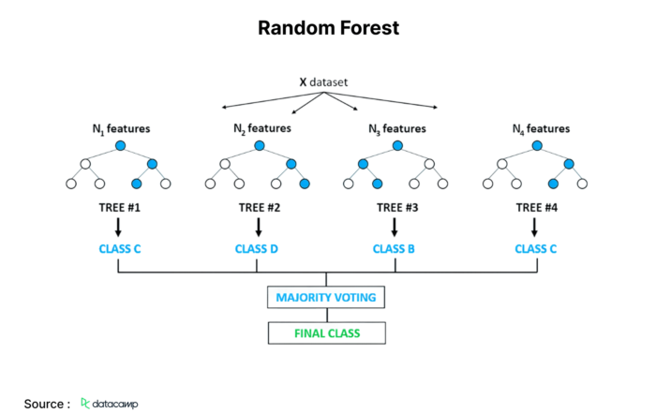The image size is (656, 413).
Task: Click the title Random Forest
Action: [328, 28]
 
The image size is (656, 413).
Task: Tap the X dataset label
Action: [323, 81]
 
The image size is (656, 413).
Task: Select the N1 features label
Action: [121, 128]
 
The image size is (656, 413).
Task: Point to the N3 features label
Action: [397, 128]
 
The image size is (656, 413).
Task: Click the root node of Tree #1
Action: [121, 145]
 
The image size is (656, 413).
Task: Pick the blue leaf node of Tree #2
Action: [305, 184]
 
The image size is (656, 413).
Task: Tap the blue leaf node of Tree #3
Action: [377, 184]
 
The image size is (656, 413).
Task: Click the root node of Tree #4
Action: [537, 145]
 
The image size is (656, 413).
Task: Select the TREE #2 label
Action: [260, 208]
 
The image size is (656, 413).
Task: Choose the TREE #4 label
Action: [537, 208]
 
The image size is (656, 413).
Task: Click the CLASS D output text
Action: [257, 249]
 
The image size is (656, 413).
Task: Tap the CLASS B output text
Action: [394, 249]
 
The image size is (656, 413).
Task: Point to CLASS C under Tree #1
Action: [120, 249]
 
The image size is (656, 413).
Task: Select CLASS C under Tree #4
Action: [535, 249]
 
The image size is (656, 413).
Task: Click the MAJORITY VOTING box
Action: [326, 297]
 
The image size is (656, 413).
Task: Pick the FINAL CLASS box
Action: [327, 333]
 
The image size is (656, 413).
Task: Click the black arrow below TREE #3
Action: [395, 228]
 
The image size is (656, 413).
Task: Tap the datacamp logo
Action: [110, 404]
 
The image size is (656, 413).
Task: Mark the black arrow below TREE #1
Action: [118, 228]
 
